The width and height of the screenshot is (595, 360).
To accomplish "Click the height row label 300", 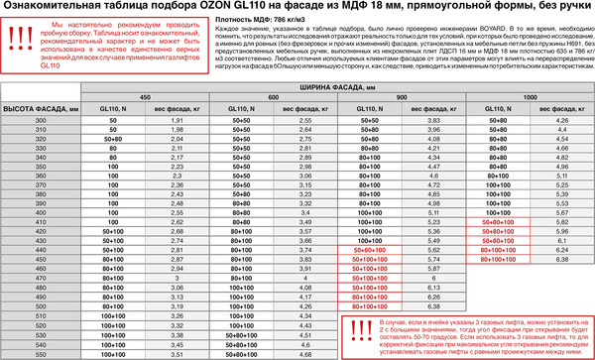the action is click(41, 119).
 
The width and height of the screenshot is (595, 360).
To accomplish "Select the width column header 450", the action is click(145, 96).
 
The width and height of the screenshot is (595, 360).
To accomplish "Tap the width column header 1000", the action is click(530, 96).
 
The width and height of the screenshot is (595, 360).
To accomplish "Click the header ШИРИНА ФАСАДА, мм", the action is click(337, 87).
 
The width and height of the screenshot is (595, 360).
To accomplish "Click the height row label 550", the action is click(41, 354).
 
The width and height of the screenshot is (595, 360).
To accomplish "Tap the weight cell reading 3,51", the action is click(179, 354).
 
